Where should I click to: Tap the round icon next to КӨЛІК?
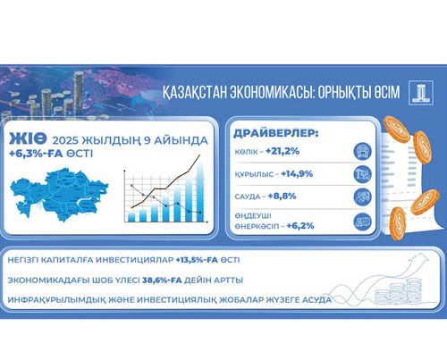362,150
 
